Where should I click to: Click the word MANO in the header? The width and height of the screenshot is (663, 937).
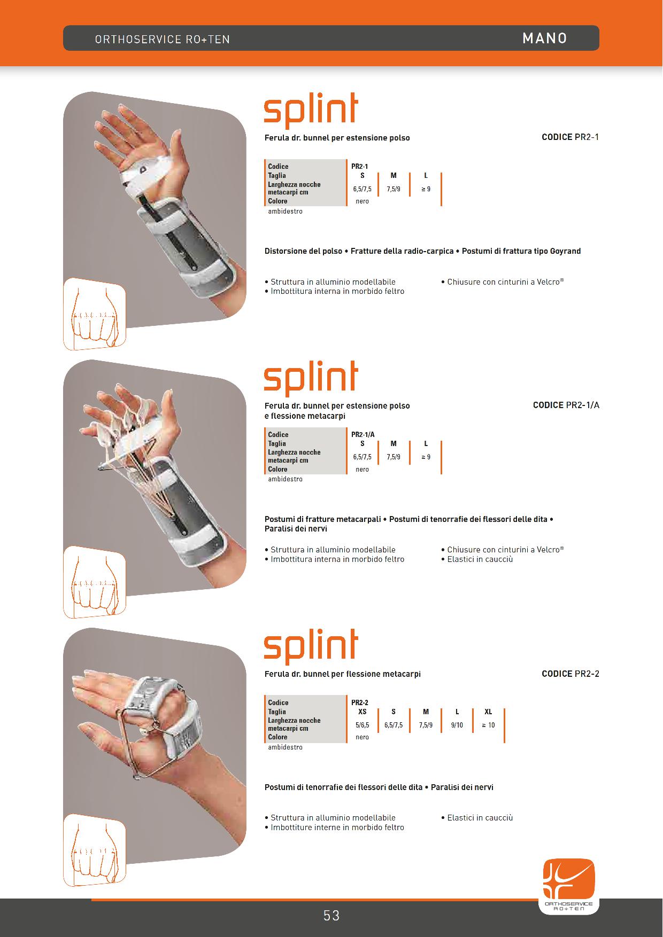[544, 38]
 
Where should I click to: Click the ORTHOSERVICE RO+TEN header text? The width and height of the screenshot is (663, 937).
[162, 40]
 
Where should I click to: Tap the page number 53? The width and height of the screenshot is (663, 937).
[331, 916]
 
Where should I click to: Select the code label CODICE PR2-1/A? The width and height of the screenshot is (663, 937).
[566, 405]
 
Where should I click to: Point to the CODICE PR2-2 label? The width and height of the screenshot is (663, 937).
[571, 674]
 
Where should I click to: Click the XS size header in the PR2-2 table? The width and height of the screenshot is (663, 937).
[363, 712]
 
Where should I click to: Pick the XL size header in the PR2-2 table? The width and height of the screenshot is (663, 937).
[488, 712]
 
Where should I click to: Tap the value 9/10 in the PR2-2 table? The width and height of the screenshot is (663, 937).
[457, 725]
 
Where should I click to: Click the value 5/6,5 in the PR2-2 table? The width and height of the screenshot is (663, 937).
[363, 725]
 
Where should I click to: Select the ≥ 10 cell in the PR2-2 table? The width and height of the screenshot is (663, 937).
[488, 725]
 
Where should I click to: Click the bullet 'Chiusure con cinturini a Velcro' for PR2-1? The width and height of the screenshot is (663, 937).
[503, 282]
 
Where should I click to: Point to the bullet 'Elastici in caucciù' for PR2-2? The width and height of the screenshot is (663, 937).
[477, 817]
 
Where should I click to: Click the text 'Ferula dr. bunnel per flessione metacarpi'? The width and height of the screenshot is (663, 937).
[343, 674]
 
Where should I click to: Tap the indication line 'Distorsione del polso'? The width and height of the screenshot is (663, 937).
[303, 251]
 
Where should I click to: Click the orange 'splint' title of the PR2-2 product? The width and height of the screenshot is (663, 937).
[311, 646]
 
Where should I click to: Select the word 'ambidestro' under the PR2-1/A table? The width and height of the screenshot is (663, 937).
[286, 479]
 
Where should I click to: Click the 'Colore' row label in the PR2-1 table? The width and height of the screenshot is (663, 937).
[278, 201]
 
